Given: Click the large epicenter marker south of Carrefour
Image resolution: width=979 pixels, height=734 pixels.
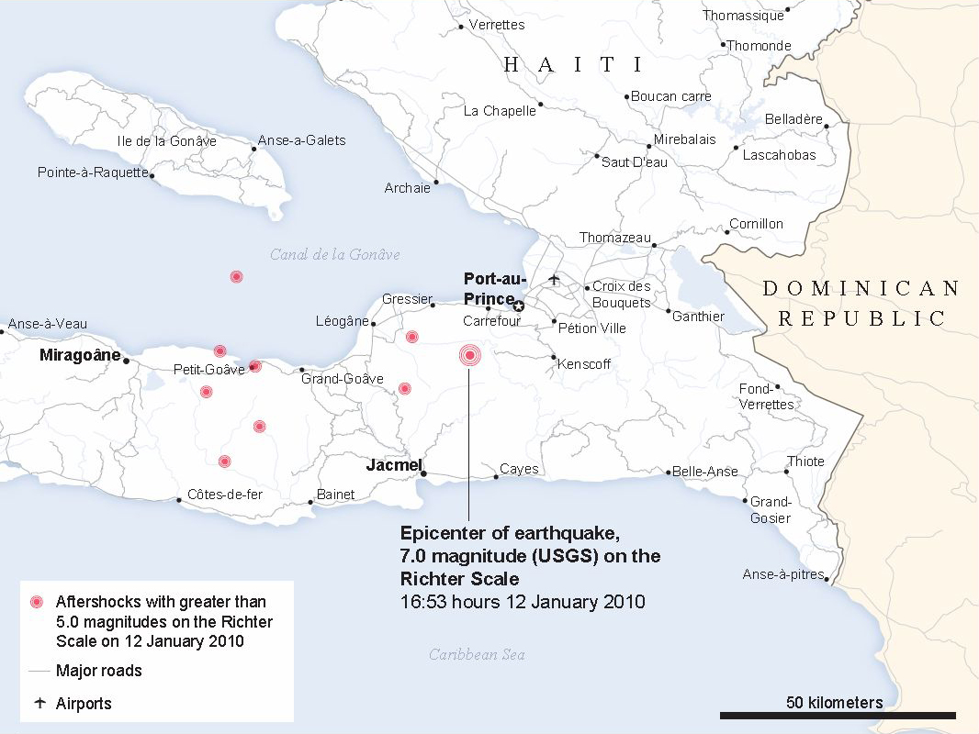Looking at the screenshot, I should (x=469, y=355).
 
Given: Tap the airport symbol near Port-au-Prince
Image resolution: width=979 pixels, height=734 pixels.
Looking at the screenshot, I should (x=553, y=278).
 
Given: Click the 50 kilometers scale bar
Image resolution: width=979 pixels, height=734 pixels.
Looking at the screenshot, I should (x=838, y=715).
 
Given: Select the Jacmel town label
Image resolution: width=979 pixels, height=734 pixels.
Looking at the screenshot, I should (x=393, y=464).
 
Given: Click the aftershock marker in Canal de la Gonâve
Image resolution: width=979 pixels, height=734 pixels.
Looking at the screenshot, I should (x=236, y=276).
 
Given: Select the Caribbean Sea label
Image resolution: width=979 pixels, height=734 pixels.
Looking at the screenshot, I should (x=477, y=654).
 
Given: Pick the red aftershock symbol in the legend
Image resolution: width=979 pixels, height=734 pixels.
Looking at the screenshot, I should (x=37, y=603).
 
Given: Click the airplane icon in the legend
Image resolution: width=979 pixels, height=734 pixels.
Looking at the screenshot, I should (x=39, y=704).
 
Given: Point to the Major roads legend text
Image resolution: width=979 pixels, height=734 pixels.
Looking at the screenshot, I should (x=99, y=671).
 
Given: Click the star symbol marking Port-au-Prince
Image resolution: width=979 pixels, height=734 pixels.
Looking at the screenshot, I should (x=518, y=306).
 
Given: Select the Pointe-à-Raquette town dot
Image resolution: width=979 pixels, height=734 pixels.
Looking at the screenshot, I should (x=152, y=174).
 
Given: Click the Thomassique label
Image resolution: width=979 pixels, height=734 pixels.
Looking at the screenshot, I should (x=743, y=16).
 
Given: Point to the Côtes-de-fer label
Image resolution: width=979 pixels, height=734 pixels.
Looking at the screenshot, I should (x=225, y=495).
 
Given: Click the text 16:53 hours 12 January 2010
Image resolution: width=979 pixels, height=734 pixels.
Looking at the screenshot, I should (x=523, y=602).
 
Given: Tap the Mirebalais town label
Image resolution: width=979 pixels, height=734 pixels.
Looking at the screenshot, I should (x=684, y=140).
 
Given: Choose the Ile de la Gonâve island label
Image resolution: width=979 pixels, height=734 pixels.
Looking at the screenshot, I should (x=167, y=141).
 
